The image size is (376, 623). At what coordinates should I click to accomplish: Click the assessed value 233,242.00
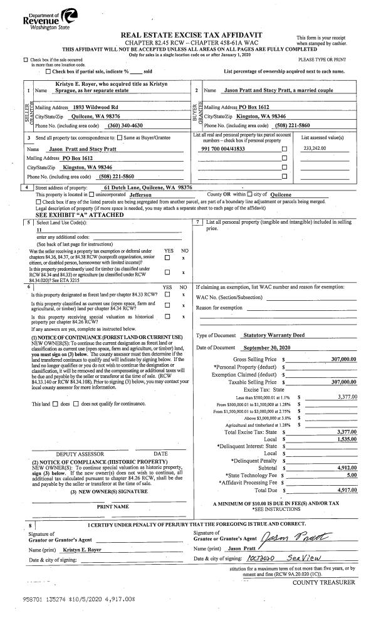[316, 148]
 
